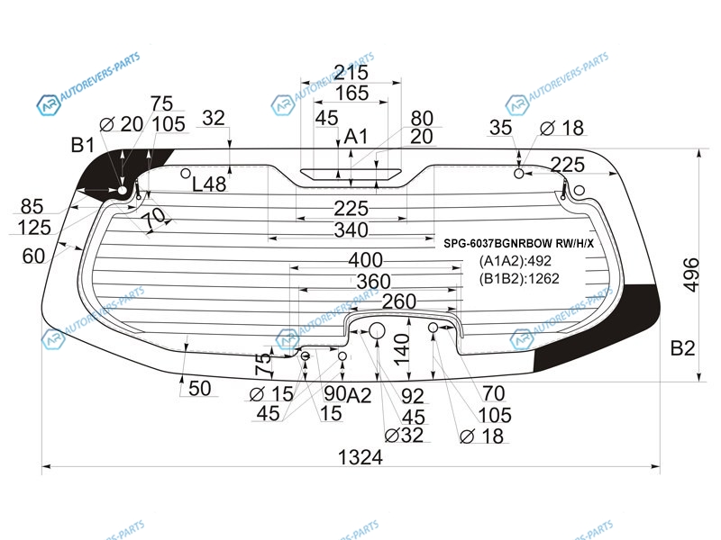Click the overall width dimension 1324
point(360,457)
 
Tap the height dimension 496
point(691,275)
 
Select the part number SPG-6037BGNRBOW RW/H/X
point(518,243)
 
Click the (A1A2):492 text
point(515,261)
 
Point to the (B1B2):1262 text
point(519,279)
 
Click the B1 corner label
point(82,145)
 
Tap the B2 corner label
point(682,348)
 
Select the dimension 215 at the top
point(351,72)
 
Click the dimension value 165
point(351,94)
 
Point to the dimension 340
point(351,230)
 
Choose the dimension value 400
point(365,260)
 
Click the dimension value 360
point(373,282)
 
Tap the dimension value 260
point(399,301)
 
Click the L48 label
point(209,184)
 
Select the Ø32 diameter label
point(404,435)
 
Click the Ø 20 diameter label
point(122,124)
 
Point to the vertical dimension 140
point(402,349)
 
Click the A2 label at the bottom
point(359,395)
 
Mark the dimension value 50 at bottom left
point(199,389)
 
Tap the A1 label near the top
point(356,137)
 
